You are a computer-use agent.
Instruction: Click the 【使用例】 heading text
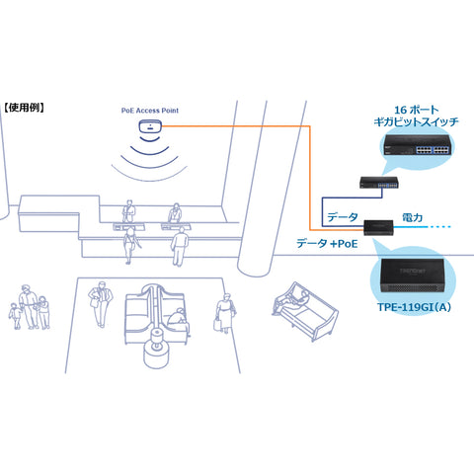click(x=24, y=108)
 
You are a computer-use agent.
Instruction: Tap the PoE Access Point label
click(x=150, y=111)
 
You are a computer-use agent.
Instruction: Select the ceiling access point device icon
click(x=150, y=126)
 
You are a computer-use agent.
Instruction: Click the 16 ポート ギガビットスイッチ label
click(x=416, y=116)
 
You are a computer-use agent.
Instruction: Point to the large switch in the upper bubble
click(x=418, y=145)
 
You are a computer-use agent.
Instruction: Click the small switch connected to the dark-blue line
click(x=379, y=183)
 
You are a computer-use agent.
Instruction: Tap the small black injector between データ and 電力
click(x=378, y=227)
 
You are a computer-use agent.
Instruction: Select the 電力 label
click(x=413, y=217)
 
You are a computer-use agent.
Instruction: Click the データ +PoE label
click(x=327, y=244)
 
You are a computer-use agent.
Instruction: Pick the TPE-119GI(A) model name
click(x=414, y=307)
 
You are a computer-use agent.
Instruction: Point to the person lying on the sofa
click(x=291, y=300)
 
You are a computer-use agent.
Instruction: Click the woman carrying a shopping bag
click(x=225, y=313)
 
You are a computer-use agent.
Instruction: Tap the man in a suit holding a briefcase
click(x=100, y=304)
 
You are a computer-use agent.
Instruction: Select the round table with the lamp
click(x=157, y=349)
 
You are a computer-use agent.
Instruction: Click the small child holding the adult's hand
click(x=15, y=316)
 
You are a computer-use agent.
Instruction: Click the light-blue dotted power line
click(x=423, y=227)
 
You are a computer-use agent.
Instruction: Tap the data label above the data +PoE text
click(x=343, y=217)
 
